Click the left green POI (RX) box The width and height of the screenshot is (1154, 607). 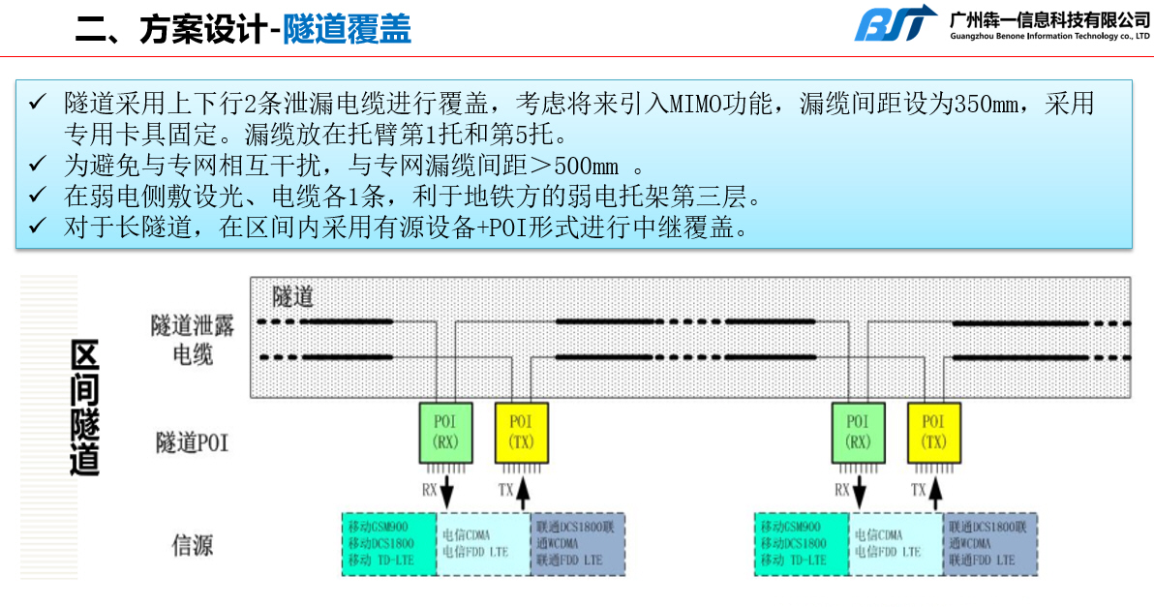pyautogui.click(x=446, y=433)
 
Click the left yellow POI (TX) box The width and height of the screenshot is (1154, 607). pyautogui.click(x=522, y=433)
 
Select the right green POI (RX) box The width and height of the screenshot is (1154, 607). pyautogui.click(x=859, y=433)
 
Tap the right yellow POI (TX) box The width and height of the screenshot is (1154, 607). pyautogui.click(x=933, y=433)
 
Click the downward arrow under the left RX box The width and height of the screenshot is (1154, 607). pyautogui.click(x=447, y=491)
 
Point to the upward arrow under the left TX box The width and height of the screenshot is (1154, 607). pyautogui.click(x=523, y=491)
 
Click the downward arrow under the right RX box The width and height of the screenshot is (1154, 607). pyautogui.click(x=860, y=491)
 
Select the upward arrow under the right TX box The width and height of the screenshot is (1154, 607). pyautogui.click(x=935, y=491)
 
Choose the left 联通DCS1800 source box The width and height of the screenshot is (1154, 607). pyautogui.click(x=578, y=544)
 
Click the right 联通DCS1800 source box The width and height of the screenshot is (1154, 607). pyautogui.click(x=990, y=544)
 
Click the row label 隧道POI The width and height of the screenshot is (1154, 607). pyautogui.click(x=193, y=443)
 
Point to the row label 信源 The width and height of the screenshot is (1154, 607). pyautogui.click(x=192, y=544)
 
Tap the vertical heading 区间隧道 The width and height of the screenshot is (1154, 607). pyautogui.click(x=86, y=408)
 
